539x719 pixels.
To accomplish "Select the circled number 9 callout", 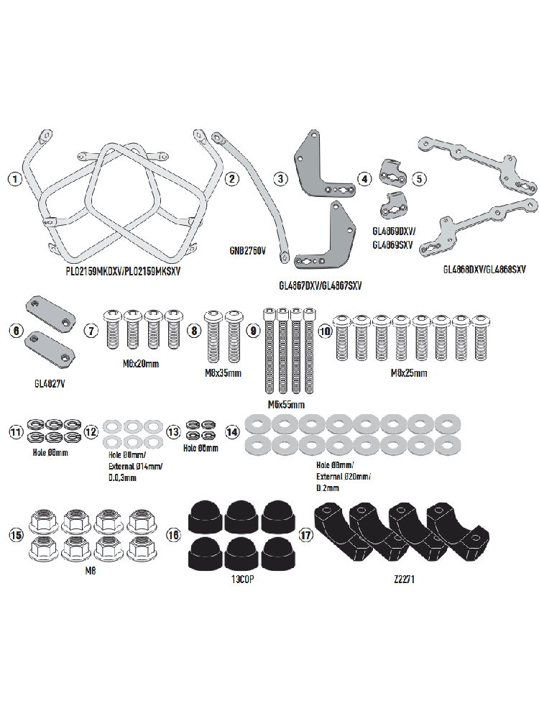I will pyautogui.click(x=252, y=331).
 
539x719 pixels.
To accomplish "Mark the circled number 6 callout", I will pyautogui.click(x=15, y=331).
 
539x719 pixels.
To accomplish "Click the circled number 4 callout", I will pyautogui.click(x=365, y=178).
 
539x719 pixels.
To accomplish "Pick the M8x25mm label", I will pyautogui.click(x=408, y=373).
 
